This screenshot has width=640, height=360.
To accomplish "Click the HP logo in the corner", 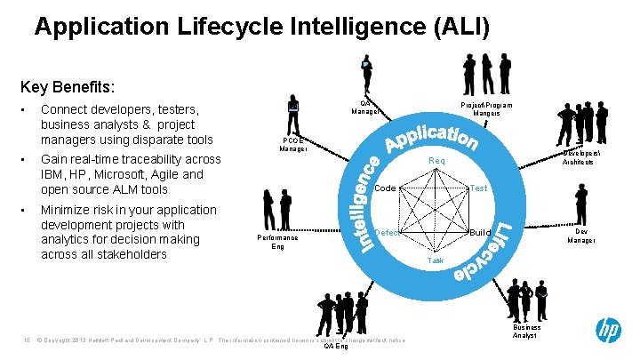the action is coord(609,333).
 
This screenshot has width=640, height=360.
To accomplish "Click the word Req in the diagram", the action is coord(436,161).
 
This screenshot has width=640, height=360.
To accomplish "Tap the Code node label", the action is coord(385,188).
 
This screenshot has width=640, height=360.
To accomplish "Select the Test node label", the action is coord(478,188).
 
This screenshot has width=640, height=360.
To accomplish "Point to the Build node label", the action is coord(481,232).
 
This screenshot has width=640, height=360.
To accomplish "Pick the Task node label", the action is coord(436,261).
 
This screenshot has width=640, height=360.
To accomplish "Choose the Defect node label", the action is coord(388,232).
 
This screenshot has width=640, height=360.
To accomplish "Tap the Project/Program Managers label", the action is coord(486,109).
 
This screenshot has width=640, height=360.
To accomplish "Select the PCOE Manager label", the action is coord(292,145).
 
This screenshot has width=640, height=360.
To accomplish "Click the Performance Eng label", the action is coord(277,242).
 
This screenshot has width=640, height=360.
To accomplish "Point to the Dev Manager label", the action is coord(582,236).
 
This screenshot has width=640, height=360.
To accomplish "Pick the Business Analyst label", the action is coord(525,332).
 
